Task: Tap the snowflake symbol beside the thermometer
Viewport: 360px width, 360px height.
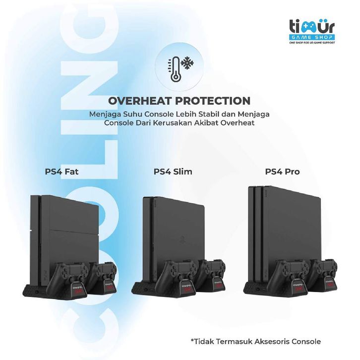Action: click(186, 64)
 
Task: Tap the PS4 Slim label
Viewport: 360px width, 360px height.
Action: click(173, 172)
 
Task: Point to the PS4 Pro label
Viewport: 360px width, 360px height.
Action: click(282, 172)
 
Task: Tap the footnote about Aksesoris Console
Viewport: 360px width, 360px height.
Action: click(255, 341)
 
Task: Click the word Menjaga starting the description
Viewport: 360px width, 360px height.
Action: click(103, 114)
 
